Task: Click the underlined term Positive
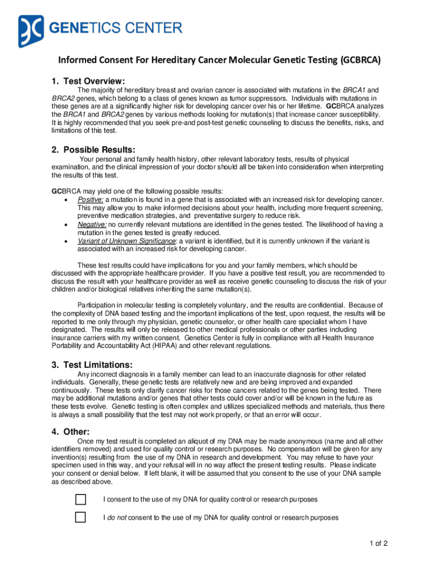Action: [x=90, y=199]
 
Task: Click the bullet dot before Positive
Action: [x=68, y=200]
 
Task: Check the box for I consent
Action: [x=80, y=500]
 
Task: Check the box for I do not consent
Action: [x=80, y=517]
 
